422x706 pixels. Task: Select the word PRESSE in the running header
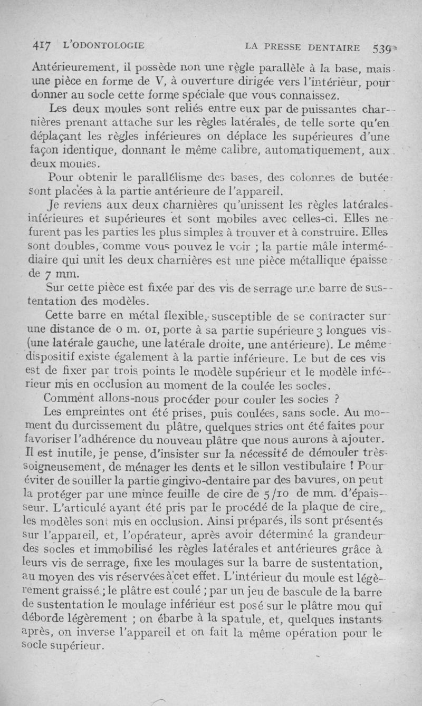[296, 48]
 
